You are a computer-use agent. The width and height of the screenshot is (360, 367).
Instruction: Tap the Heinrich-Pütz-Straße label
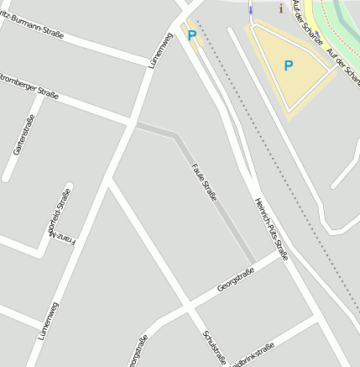point(271,228)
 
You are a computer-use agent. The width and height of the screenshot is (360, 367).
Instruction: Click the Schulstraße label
point(214,347)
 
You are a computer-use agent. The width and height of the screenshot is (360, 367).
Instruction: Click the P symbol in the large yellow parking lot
point(289,66)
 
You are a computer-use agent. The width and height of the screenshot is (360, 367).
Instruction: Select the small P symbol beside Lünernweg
point(192,36)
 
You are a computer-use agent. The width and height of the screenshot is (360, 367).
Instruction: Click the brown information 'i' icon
point(280,8)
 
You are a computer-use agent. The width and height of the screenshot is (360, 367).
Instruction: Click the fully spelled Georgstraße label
point(235,279)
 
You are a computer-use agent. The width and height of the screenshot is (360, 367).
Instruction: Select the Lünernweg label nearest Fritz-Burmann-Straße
point(160,50)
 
